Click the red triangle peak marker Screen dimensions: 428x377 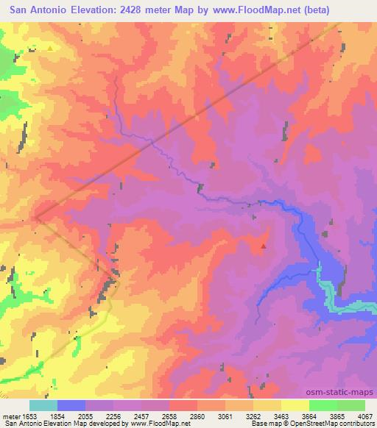264,246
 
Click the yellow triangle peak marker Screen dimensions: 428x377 50,49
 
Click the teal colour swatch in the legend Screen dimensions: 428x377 43,405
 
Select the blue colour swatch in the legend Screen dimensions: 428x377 71,405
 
